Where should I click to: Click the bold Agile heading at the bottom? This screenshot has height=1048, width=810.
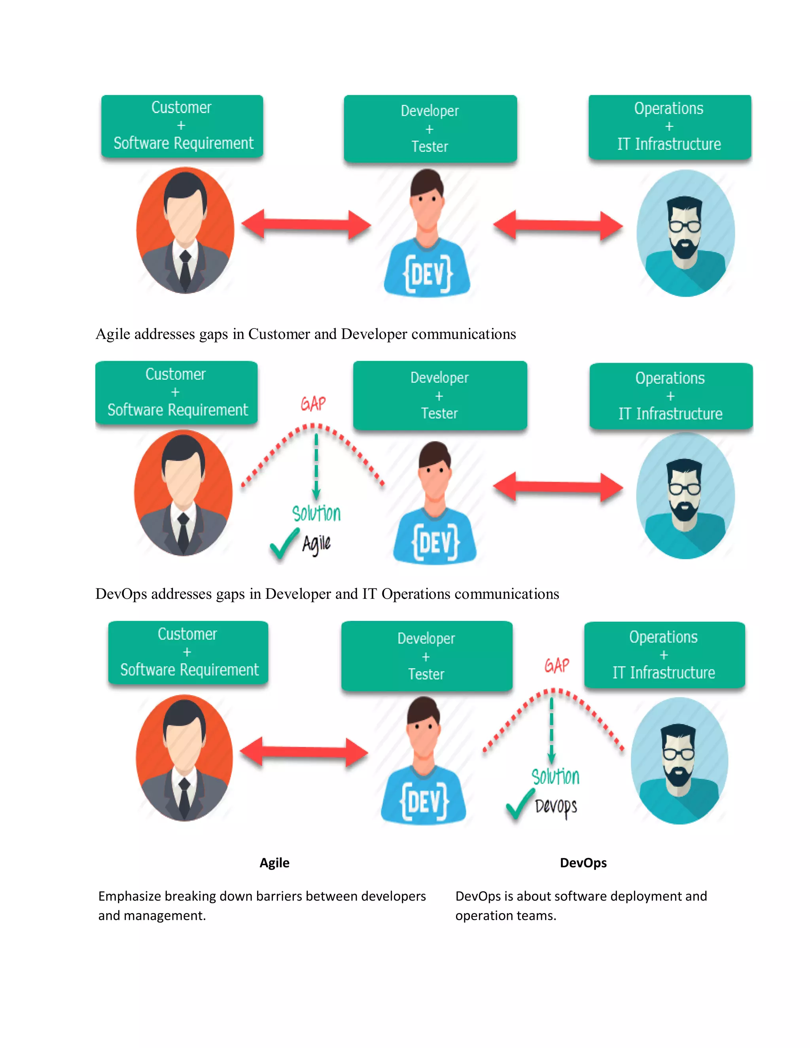click(x=274, y=863)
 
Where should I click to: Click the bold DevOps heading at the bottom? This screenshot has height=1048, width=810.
click(x=583, y=863)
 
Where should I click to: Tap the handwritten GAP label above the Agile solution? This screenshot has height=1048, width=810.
click(x=313, y=403)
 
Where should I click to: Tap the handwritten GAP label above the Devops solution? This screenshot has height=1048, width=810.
click(x=556, y=665)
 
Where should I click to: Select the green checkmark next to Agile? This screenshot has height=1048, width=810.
click(x=284, y=545)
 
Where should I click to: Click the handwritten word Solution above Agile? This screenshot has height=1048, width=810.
click(x=316, y=513)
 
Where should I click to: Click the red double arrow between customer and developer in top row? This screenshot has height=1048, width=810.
click(x=306, y=224)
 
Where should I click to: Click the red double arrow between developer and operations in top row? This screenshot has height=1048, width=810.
click(x=558, y=225)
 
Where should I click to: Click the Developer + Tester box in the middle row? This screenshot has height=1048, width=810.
click(x=439, y=395)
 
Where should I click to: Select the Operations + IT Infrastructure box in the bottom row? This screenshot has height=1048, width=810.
click(x=664, y=655)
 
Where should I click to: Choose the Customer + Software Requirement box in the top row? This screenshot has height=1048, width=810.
click(x=182, y=126)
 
